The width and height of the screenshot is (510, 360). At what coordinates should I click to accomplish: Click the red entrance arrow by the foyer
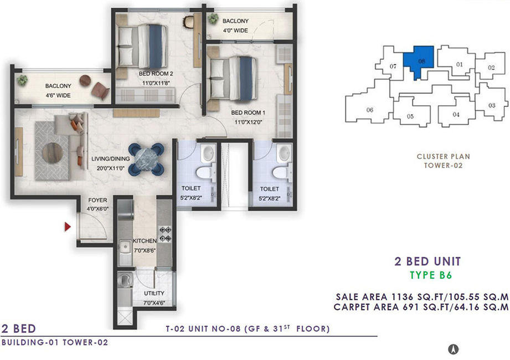[68, 227]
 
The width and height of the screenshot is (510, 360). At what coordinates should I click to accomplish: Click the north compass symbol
[454, 349]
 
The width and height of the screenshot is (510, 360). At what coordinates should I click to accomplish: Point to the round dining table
[146, 160]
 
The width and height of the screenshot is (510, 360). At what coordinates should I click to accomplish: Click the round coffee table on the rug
[53, 153]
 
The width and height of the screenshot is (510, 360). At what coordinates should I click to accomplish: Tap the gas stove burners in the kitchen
[165, 234]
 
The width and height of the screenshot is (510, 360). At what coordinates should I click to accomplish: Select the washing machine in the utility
[125, 280]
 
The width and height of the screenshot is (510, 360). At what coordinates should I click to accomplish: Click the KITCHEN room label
[145, 241]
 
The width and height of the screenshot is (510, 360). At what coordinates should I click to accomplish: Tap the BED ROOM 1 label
[248, 112]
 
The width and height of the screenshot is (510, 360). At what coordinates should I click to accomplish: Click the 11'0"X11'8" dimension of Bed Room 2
[156, 83]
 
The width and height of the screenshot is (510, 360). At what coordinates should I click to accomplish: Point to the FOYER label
[97, 200]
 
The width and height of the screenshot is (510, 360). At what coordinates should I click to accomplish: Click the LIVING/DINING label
[111, 159]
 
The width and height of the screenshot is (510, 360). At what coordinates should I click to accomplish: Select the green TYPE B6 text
[431, 275]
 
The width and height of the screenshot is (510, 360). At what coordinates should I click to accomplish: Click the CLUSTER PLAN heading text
[444, 156]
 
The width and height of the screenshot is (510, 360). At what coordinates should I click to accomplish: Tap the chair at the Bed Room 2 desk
[188, 22]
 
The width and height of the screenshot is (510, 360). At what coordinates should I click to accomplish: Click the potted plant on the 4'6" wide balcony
[22, 80]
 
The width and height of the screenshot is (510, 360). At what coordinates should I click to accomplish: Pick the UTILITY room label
[154, 294]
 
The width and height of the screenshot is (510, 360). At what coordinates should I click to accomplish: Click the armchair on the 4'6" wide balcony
[100, 91]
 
